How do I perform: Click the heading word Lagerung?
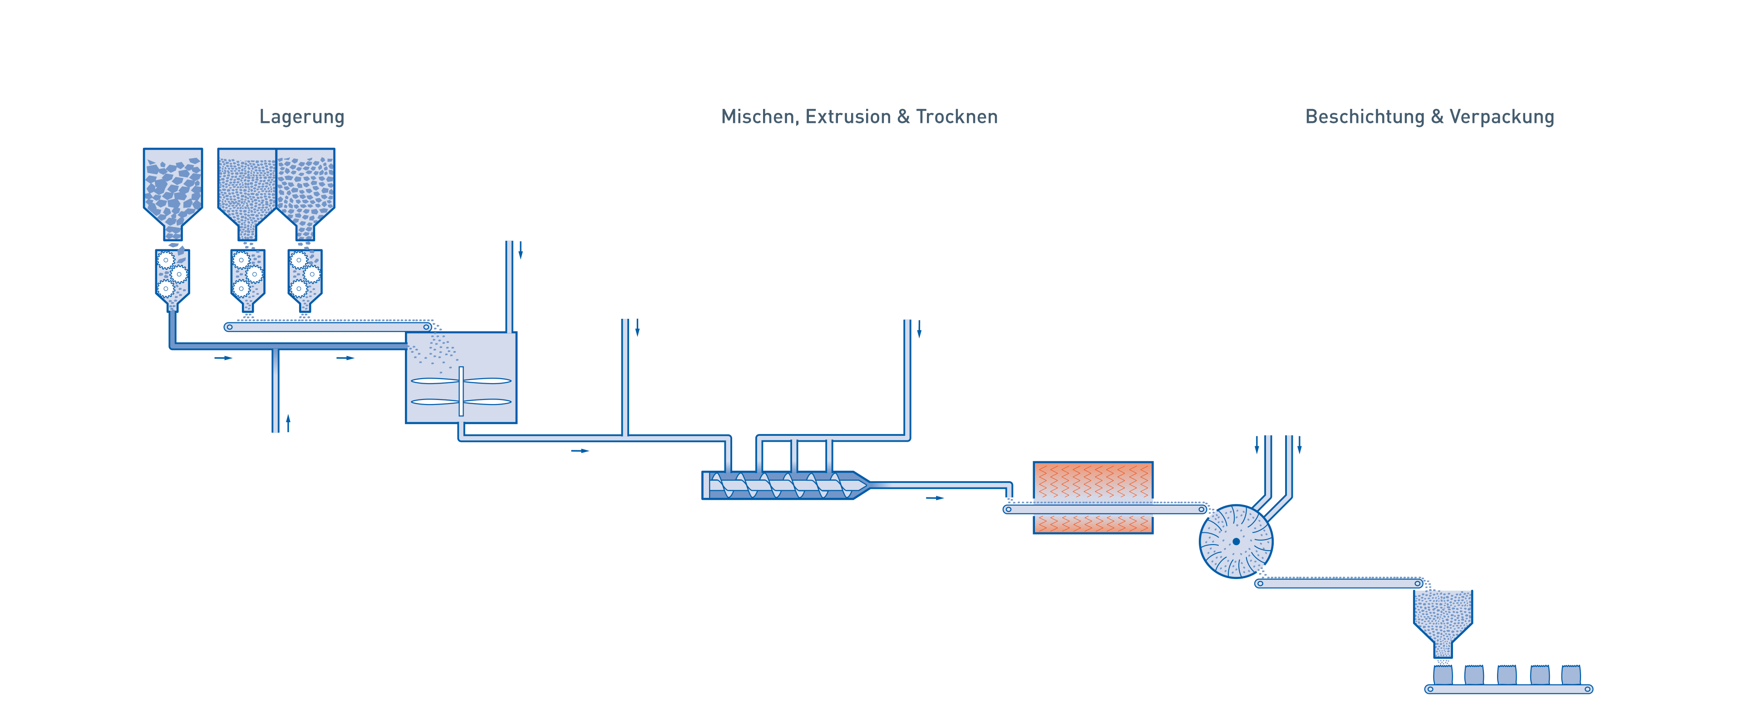[302, 117]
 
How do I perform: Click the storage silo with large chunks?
[172, 186]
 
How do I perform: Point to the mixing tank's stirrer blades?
[461, 391]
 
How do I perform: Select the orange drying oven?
[1093, 497]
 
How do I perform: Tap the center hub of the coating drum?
[1236, 541]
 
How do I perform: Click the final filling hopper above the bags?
[1443, 619]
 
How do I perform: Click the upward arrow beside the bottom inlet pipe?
[288, 424]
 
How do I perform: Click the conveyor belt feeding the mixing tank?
[328, 327]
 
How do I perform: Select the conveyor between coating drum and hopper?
[1339, 583]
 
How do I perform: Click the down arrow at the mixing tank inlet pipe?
[521, 251]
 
